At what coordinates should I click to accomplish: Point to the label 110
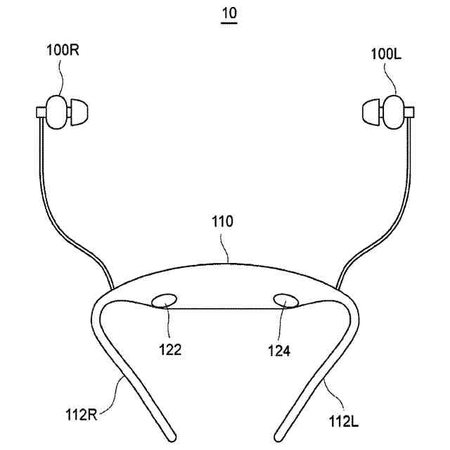(223, 222)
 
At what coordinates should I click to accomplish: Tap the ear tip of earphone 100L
(370, 110)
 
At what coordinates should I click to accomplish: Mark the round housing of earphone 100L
(393, 110)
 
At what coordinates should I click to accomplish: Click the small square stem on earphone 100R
(39, 110)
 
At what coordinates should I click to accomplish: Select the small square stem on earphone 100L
(410, 111)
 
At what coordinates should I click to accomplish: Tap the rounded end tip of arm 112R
(170, 430)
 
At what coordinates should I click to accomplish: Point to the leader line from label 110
(226, 246)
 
